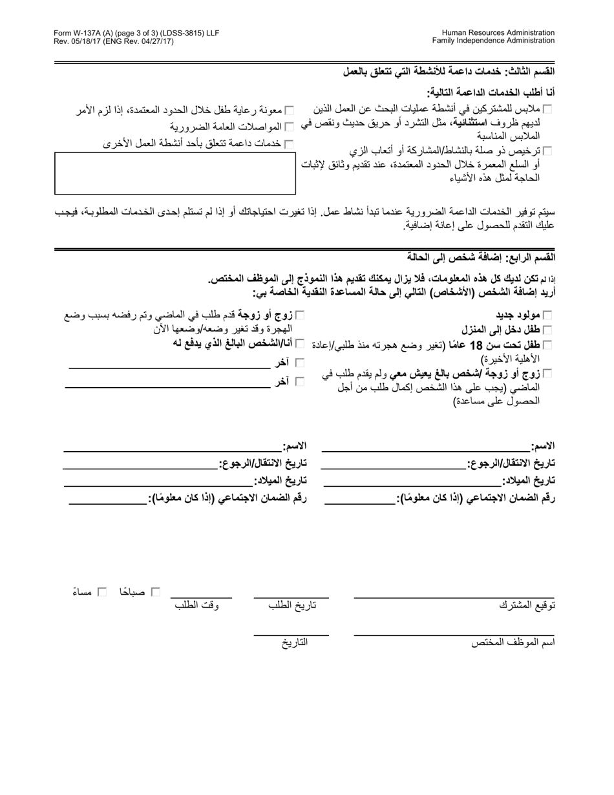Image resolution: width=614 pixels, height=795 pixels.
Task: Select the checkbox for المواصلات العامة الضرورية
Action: (x=289, y=126)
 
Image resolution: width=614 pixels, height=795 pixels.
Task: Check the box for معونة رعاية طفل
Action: (x=289, y=111)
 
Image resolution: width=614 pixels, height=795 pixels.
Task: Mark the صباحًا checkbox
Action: (x=155, y=591)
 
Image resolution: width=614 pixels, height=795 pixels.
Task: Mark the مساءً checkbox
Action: (x=101, y=591)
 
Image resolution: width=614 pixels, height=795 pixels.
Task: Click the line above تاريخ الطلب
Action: (x=291, y=597)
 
